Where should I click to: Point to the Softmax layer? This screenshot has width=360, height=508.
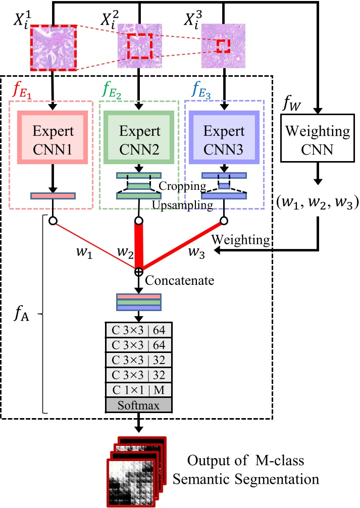pyautogui.click(x=138, y=405)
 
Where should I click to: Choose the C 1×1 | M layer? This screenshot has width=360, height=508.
pyautogui.click(x=138, y=390)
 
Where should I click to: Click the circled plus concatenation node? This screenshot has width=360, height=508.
pyautogui.click(x=138, y=272)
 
